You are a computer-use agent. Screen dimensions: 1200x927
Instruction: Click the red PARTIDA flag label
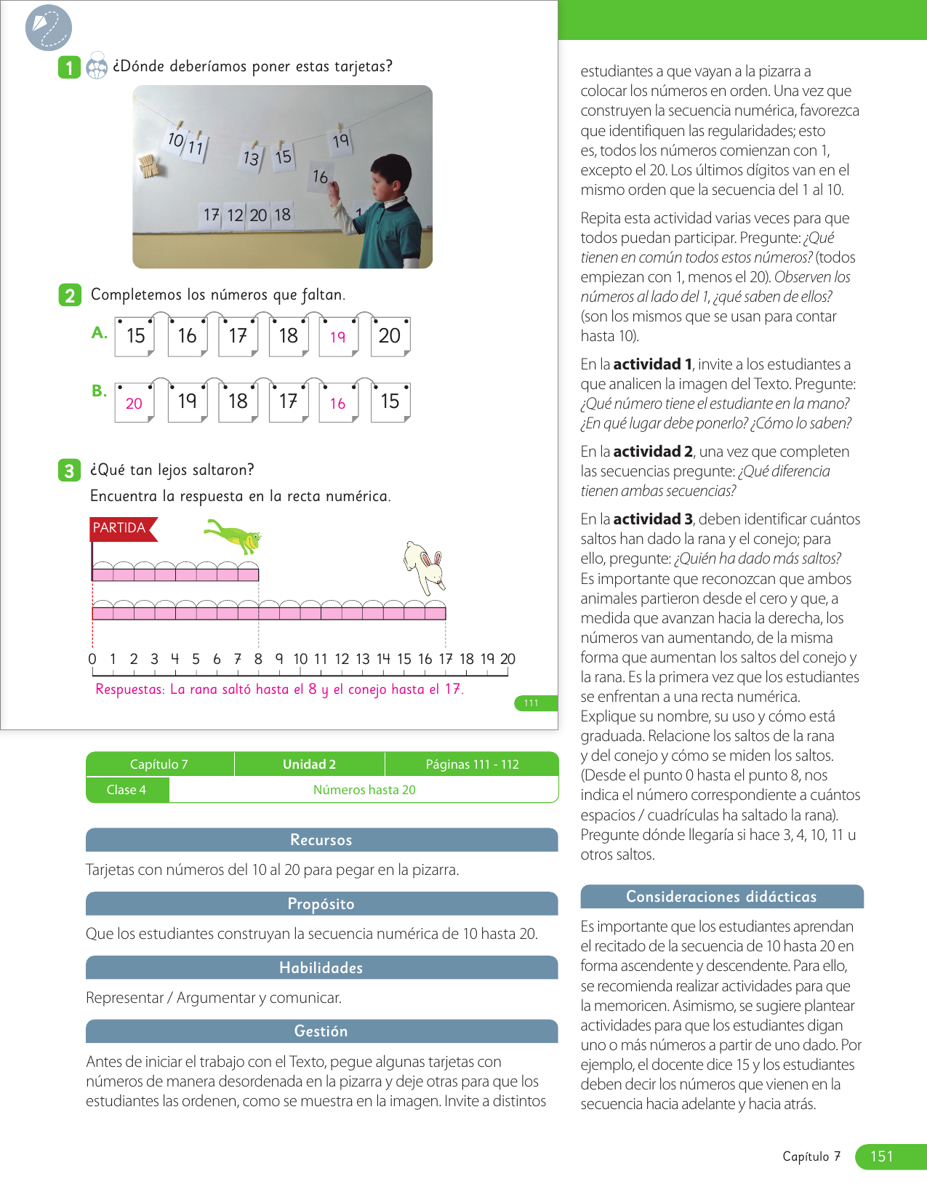click(x=121, y=528)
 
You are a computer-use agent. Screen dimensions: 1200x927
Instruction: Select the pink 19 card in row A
click(x=338, y=337)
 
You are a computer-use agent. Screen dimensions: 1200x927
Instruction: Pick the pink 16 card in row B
click(x=338, y=403)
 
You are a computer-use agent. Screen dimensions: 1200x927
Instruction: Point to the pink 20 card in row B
click(x=135, y=403)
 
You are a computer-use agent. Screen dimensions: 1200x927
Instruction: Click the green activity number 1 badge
click(x=69, y=68)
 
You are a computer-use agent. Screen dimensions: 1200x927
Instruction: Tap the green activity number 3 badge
click(x=69, y=471)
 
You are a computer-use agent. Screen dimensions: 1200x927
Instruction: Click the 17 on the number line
click(x=446, y=659)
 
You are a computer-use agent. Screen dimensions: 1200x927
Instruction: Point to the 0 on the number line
click(x=92, y=659)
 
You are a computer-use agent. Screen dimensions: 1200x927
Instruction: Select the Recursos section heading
click(x=321, y=840)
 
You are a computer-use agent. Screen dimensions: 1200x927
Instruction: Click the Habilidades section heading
click(x=321, y=968)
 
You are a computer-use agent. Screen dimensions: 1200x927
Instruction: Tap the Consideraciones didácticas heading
click(x=721, y=897)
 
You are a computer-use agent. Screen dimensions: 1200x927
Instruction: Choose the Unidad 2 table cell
click(x=309, y=764)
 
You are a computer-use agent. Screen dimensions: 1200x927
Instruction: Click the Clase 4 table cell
click(x=127, y=790)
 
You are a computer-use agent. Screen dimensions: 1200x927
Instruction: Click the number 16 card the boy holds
click(x=321, y=177)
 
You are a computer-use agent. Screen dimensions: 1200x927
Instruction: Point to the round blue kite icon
click(x=48, y=28)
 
